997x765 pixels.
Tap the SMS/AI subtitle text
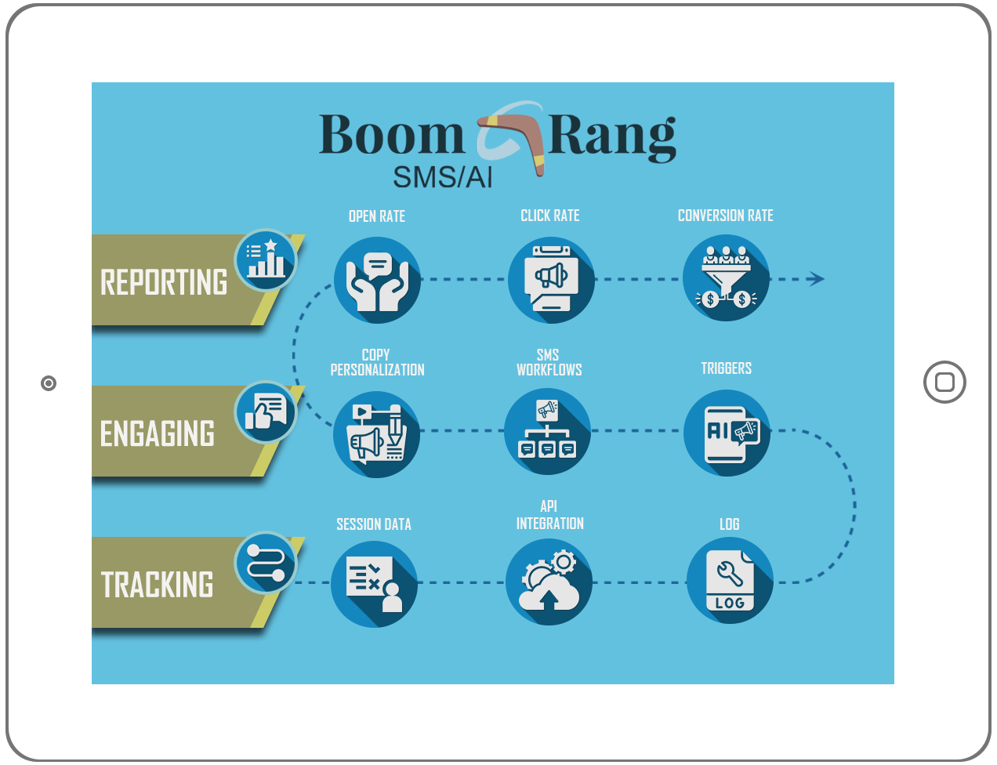[443, 178]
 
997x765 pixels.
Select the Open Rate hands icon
[377, 280]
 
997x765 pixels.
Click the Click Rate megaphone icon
[551, 280]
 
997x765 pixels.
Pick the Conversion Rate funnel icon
[726, 278]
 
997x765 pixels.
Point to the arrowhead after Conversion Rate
[817, 278]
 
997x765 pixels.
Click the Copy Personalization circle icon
[377, 433]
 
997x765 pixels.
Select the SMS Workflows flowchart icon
[548, 432]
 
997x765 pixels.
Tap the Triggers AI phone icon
[727, 433]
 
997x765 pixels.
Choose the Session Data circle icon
[374, 584]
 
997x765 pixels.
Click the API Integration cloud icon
[549, 582]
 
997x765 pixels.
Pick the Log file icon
[730, 581]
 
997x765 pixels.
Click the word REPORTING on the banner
[164, 283]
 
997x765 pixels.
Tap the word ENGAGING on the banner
[158, 434]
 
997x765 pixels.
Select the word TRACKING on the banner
[158, 585]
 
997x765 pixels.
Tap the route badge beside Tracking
[266, 563]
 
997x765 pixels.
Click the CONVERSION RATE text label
[725, 216]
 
